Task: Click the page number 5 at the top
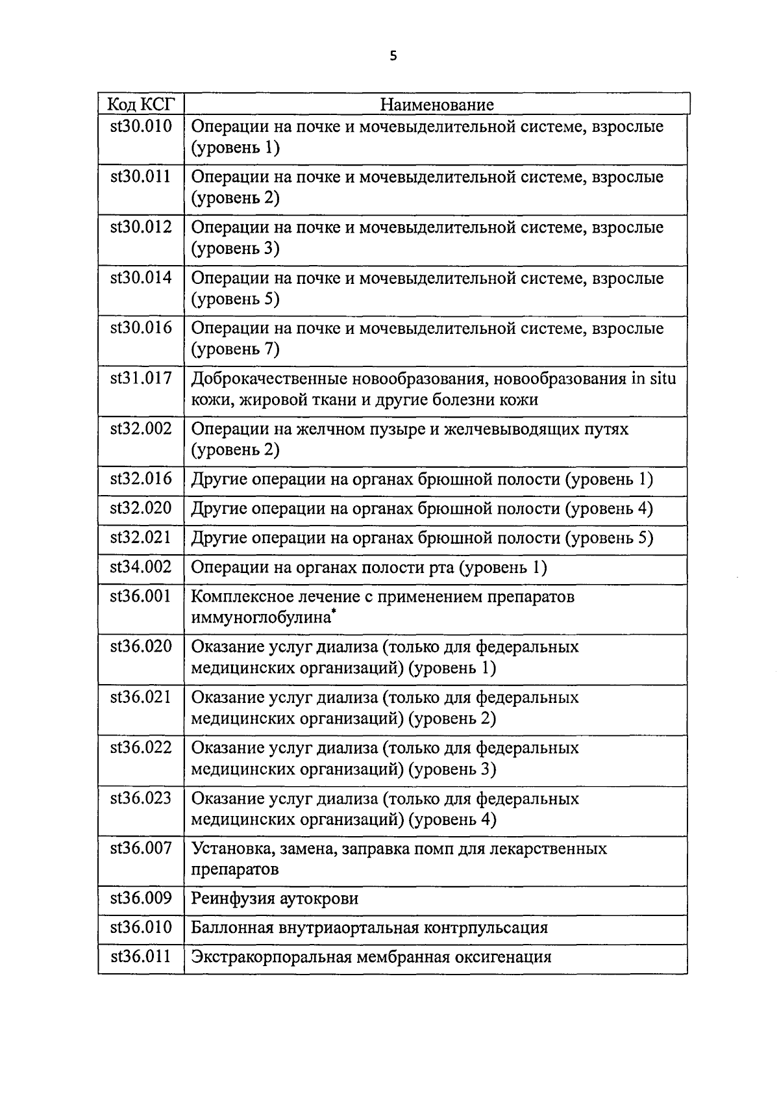click(392, 57)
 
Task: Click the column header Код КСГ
click(142, 104)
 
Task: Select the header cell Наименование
click(436, 104)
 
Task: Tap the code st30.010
click(142, 126)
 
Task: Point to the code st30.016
click(142, 328)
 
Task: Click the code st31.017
click(142, 378)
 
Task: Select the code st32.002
click(142, 429)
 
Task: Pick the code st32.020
click(142, 508)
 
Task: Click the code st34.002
click(142, 567)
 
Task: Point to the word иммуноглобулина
click(260, 618)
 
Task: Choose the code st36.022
click(142, 748)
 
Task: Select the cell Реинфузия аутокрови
click(275, 899)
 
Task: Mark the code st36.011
click(142, 956)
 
